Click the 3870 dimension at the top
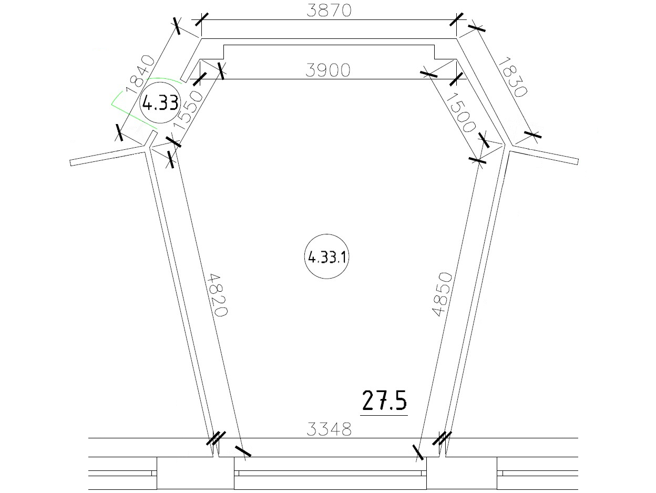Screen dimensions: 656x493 click(329, 11)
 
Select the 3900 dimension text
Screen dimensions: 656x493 click(328, 70)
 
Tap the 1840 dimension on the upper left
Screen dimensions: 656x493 click(140, 75)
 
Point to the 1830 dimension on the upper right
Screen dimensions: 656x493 click(512, 77)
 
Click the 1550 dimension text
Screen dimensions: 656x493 click(188, 110)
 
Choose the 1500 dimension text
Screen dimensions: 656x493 click(461, 112)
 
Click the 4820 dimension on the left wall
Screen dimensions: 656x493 click(218, 295)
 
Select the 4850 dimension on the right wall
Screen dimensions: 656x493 click(442, 294)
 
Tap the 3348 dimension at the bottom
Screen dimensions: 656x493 click(329, 429)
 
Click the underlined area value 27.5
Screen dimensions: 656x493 click(384, 400)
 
